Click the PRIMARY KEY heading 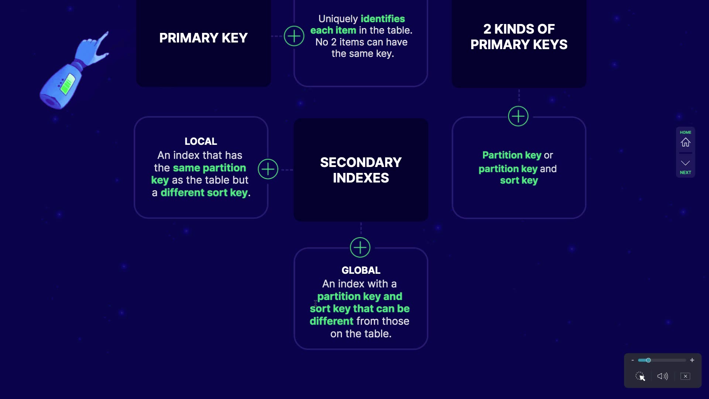[x=203, y=38]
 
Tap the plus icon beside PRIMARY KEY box [x=294, y=36]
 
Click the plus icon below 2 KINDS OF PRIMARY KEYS [x=518, y=116]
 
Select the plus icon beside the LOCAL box [x=268, y=169]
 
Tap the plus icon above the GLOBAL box [x=360, y=247]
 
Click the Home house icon [x=685, y=142]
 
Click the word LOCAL [x=201, y=141]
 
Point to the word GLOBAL [x=361, y=270]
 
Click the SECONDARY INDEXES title [x=361, y=170]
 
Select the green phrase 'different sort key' [x=204, y=192]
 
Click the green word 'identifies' [x=383, y=18]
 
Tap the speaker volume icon [x=662, y=376]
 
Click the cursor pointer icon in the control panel [x=640, y=376]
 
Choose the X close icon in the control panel [x=685, y=376]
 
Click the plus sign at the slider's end [x=692, y=360]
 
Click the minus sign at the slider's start [x=633, y=360]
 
